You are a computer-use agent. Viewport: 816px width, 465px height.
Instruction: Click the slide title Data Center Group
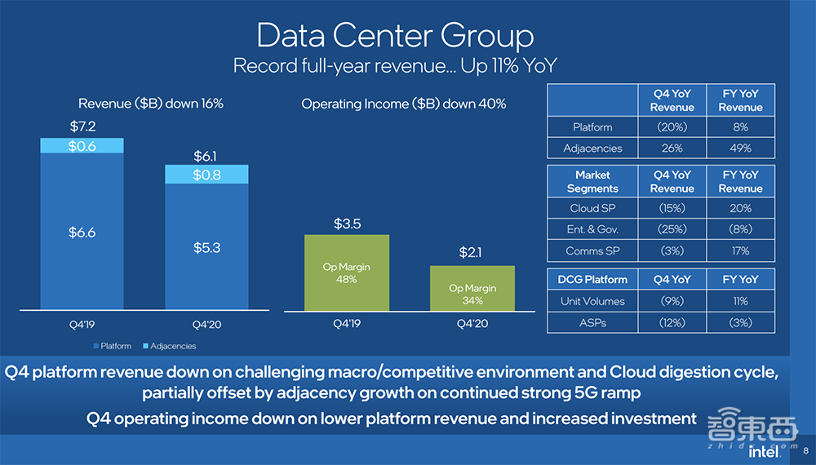point(395,36)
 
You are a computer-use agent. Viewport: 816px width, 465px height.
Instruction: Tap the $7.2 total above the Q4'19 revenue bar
point(82,126)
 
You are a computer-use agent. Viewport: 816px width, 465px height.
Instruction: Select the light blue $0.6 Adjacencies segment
point(82,146)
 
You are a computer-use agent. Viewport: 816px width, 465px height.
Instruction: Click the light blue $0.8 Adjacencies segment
point(206,175)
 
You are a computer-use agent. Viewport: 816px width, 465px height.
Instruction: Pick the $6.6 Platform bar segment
point(82,232)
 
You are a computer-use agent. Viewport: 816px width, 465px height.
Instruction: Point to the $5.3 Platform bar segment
point(206,247)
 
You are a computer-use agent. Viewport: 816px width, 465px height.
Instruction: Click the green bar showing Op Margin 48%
point(346,273)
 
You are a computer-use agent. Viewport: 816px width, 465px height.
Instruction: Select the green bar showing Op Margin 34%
point(472,288)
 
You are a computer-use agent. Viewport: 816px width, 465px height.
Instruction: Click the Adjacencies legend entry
point(170,346)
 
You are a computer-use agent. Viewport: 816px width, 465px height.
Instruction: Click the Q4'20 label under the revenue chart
point(206,323)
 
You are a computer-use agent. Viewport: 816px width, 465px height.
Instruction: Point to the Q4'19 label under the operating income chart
point(346,323)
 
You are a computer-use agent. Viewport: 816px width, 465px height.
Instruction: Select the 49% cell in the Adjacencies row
point(740,148)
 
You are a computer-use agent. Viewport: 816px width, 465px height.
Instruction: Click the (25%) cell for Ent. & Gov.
point(672,229)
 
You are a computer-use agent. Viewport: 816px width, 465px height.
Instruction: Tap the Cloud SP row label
point(592,208)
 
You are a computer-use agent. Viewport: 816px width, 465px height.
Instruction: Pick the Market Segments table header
point(592,181)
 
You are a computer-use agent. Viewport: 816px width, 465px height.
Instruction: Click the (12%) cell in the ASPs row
point(672,323)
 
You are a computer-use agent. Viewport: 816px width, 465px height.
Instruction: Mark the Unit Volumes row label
point(592,301)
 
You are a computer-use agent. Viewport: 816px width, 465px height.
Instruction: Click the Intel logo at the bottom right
point(765,451)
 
